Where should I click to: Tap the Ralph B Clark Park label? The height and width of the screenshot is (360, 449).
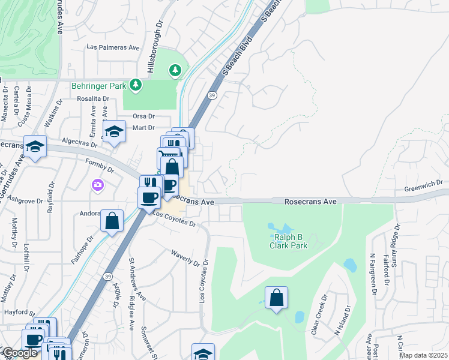pyautogui.click(x=288, y=241)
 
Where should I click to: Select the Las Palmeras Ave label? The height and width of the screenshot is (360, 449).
pyautogui.click(x=113, y=46)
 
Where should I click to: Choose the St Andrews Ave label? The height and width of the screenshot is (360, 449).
pyautogui.click(x=137, y=278)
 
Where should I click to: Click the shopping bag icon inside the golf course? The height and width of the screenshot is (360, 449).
pyautogui.click(x=276, y=298)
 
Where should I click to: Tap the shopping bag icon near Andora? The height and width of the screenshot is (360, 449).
pyautogui.click(x=112, y=221)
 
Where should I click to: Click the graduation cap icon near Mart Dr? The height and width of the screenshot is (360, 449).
pyautogui.click(x=113, y=131)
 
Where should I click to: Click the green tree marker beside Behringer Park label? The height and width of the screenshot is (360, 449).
pyautogui.click(x=136, y=85)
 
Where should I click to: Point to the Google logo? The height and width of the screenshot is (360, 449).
pyautogui.click(x=20, y=353)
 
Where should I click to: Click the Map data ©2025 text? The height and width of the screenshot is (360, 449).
pyautogui.click(x=424, y=355)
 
